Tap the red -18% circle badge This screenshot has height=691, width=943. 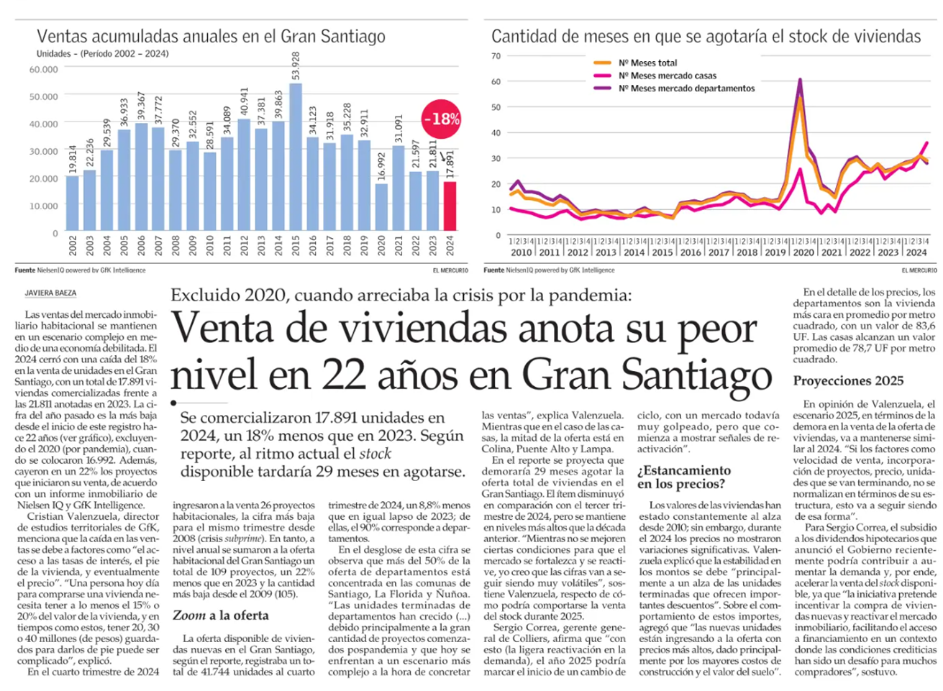tap(441, 119)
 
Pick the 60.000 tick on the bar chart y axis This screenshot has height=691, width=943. tap(44, 70)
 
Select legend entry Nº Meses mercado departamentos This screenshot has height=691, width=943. tap(685, 88)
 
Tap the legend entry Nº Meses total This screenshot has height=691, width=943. tap(647, 63)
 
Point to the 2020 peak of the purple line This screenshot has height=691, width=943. tap(800, 80)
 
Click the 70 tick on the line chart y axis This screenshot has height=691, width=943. tap(496, 56)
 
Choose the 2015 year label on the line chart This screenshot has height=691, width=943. tap(662, 252)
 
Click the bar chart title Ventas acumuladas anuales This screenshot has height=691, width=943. tap(211, 37)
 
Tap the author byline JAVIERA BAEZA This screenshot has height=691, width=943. tap(50, 293)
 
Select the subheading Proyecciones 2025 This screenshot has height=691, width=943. tap(848, 381)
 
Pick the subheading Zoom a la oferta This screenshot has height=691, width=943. tap(220, 616)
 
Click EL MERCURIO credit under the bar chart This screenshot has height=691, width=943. tap(450, 270)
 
